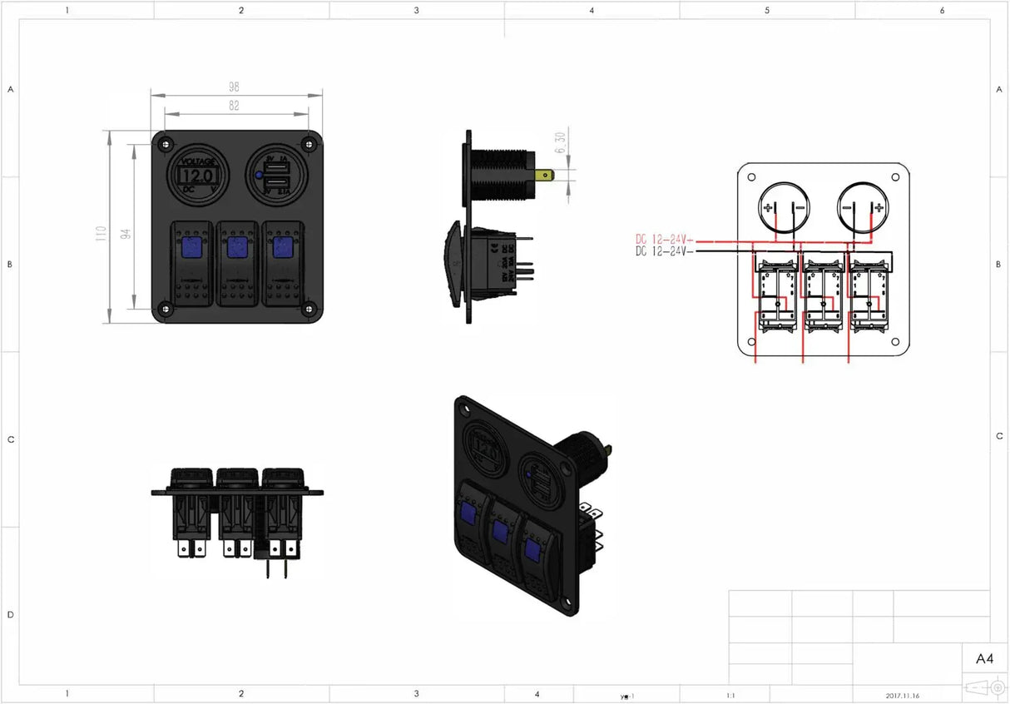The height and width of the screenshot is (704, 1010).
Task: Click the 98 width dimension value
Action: click(x=234, y=87)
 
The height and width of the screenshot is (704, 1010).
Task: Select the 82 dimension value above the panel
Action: click(x=234, y=106)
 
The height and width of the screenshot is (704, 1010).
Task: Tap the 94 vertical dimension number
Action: click(x=126, y=233)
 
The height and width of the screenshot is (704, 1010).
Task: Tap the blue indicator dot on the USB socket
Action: click(x=260, y=176)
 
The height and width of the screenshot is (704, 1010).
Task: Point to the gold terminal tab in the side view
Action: click(x=546, y=176)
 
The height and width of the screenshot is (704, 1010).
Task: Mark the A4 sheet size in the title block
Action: click(x=983, y=659)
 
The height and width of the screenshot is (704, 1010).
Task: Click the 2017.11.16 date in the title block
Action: click(x=902, y=696)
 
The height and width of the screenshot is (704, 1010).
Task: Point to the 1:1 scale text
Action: click(x=730, y=696)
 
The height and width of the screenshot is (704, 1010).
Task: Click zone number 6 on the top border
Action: click(x=942, y=11)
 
